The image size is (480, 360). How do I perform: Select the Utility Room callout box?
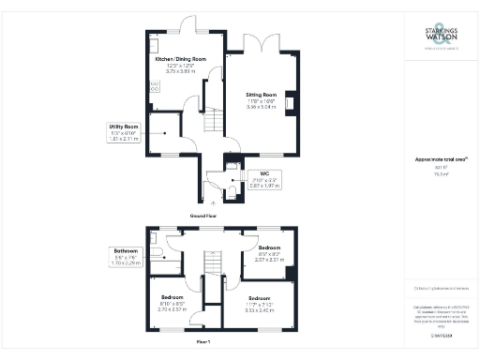click(124, 131)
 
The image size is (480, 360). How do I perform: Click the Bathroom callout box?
click(127, 257)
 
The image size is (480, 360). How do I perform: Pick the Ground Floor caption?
click(204, 216)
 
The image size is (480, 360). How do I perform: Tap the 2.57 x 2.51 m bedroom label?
click(269, 253)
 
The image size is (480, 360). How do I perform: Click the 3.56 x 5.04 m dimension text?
click(262, 107)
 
